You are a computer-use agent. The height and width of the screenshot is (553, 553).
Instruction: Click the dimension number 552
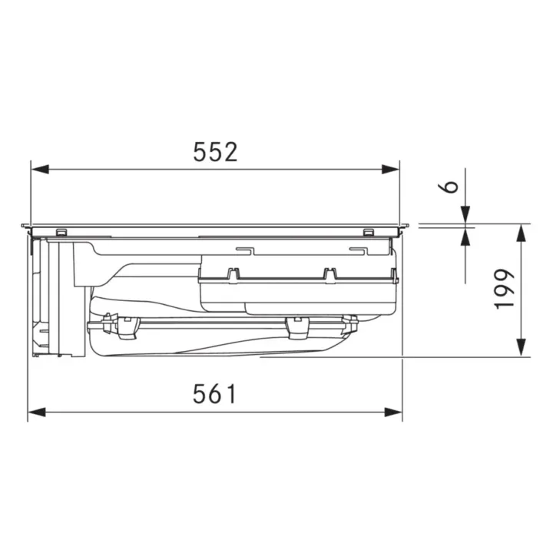coord(216,152)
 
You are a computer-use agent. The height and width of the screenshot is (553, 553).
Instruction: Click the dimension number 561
coord(214,394)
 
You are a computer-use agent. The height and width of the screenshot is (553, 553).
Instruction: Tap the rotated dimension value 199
coord(505,290)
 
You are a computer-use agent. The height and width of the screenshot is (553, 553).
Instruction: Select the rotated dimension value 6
coord(448,187)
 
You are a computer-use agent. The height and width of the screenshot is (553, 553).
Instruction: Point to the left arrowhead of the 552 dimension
coord(40,169)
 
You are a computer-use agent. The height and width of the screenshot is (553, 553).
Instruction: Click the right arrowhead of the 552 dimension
coord(390,169)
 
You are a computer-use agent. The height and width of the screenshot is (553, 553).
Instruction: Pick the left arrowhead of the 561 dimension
coord(37,412)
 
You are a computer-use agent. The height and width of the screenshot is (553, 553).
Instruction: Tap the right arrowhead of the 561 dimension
coord(393,412)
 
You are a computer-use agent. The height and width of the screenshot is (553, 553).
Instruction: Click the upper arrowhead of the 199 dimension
coord(521,233)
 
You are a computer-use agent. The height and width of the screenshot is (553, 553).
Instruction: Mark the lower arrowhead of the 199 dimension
coord(521,348)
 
